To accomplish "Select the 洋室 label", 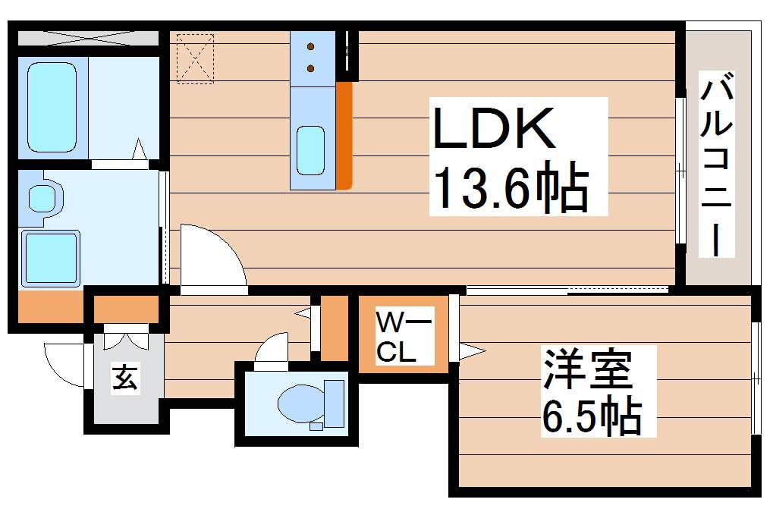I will coord(585,371).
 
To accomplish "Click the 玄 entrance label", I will coord(125,377).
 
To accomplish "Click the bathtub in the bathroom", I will coord(52,105).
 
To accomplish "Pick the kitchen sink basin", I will coord(310,150).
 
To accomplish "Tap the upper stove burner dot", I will coord(311,48).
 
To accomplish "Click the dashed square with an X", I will coord(196,57).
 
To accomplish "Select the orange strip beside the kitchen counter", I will coord(344,135).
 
